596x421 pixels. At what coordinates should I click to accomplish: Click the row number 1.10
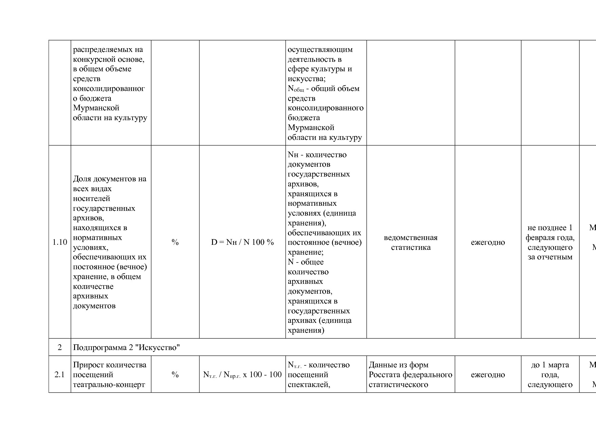(60, 242)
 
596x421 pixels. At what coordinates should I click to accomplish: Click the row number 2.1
(60, 374)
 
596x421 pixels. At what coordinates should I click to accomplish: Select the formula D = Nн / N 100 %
(242, 242)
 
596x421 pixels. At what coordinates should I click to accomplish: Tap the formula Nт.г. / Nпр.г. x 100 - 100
(242, 374)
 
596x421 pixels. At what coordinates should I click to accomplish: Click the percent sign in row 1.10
(175, 242)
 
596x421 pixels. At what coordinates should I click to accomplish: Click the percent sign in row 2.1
(175, 374)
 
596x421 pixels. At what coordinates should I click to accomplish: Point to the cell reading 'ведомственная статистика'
(410, 242)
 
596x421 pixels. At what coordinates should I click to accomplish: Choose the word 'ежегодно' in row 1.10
(488, 242)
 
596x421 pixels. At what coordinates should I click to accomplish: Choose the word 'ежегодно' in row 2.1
(488, 374)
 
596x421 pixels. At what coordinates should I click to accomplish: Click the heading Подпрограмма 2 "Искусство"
(126, 347)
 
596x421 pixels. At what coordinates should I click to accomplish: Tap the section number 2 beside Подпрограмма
(60, 347)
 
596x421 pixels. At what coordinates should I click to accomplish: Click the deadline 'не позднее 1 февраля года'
(550, 233)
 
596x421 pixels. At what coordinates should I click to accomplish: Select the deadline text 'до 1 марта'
(550, 365)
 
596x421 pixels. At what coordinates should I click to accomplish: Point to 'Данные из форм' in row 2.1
(399, 365)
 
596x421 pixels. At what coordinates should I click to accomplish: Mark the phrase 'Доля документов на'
(109, 179)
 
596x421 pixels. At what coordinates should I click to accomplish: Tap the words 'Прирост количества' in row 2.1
(109, 365)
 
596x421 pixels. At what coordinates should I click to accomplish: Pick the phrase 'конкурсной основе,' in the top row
(109, 59)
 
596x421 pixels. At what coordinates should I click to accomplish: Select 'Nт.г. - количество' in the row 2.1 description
(318, 365)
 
